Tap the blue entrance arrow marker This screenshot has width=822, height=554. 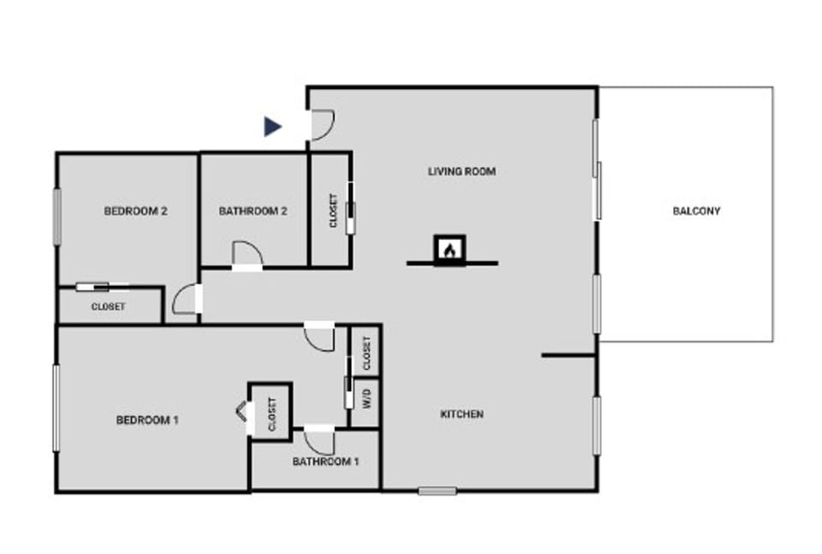272,127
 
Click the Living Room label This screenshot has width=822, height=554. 462,171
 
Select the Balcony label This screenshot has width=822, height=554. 696,211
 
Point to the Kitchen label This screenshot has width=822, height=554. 462,414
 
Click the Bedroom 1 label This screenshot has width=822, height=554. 147,420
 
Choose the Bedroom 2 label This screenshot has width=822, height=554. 135,211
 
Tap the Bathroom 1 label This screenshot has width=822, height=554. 325,462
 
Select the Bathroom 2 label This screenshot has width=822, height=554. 253,211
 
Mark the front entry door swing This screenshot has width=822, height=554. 321,126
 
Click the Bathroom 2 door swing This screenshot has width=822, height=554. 247,254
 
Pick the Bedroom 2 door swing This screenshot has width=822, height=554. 185,299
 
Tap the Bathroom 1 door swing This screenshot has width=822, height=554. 320,441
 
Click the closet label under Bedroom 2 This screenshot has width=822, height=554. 109,307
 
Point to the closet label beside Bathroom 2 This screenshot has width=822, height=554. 333,211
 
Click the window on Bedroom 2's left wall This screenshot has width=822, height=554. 57,217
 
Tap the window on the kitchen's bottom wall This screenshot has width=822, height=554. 438,491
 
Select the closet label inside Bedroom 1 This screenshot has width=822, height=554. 272,414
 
